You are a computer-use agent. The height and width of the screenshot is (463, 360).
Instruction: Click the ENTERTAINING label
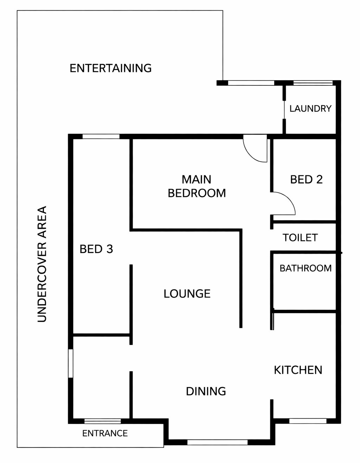click(x=110, y=68)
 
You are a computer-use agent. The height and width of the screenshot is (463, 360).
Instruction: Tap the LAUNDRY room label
click(x=310, y=109)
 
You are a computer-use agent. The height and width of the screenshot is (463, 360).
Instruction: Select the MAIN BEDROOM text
click(x=197, y=186)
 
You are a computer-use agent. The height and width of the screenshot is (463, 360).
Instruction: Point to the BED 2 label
click(x=306, y=179)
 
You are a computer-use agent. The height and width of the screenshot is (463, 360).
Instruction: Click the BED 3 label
click(x=96, y=249)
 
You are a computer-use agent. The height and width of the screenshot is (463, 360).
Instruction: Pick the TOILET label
click(x=300, y=238)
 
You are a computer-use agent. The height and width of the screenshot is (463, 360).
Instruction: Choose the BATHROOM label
click(x=306, y=268)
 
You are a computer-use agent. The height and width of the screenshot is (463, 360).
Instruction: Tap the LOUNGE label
click(x=187, y=294)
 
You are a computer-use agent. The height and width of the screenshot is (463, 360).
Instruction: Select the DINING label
click(x=206, y=391)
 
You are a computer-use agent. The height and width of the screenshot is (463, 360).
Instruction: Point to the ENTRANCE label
click(x=105, y=431)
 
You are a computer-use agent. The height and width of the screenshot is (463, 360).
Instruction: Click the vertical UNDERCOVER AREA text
click(x=42, y=264)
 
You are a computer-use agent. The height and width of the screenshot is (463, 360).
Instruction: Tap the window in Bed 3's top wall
click(x=101, y=136)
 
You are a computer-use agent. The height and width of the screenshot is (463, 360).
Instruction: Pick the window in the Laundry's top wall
click(x=313, y=83)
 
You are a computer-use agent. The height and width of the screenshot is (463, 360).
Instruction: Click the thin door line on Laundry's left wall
click(x=284, y=110)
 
